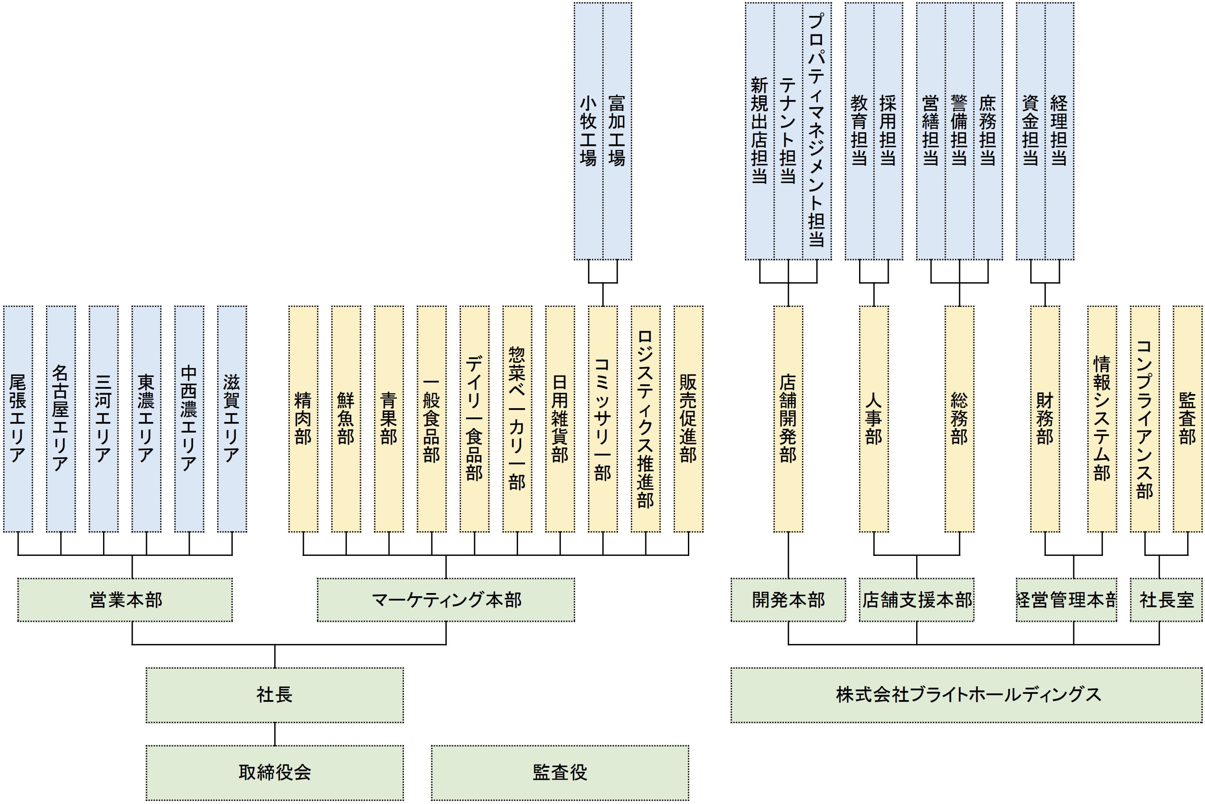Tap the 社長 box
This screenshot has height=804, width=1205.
(x=274, y=695)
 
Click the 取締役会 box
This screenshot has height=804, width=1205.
(x=274, y=772)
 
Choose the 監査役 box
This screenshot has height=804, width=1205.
(x=560, y=772)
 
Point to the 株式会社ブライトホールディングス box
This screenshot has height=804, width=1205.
(x=966, y=695)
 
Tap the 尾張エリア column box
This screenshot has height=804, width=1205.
(x=18, y=418)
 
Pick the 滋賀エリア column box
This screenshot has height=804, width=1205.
(x=232, y=418)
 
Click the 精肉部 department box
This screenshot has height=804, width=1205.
(x=303, y=418)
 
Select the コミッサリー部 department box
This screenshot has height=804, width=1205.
(x=602, y=418)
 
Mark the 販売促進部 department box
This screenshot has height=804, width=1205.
(x=688, y=418)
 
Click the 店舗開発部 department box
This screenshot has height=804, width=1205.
(x=788, y=418)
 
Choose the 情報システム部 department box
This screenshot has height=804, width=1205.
(x=1102, y=418)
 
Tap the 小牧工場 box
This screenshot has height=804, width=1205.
(x=588, y=131)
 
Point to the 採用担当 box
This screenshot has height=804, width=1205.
(x=888, y=131)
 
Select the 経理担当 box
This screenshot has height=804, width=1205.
(x=1059, y=131)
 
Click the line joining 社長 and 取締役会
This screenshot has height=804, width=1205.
(x=274, y=734)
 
